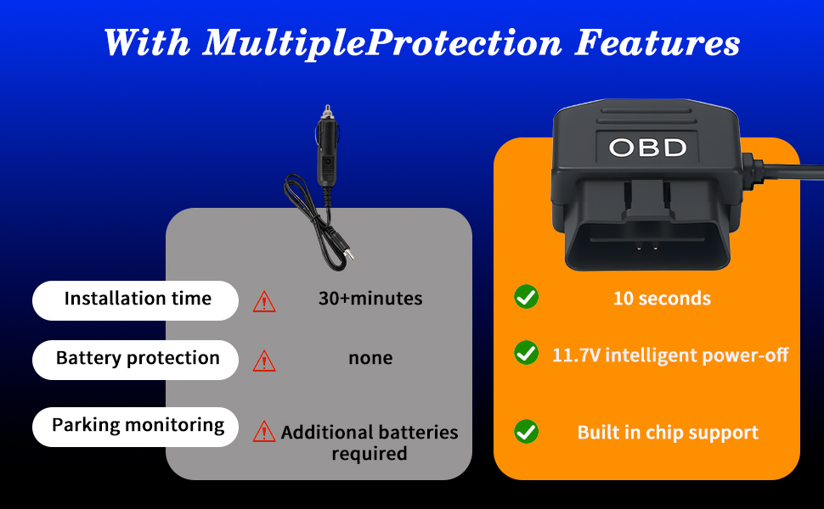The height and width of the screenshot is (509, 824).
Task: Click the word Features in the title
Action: pyautogui.click(x=657, y=43)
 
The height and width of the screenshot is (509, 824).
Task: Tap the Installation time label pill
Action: pyautogui.click(x=136, y=299)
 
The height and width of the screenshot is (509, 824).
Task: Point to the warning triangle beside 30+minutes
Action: pyautogui.click(x=264, y=301)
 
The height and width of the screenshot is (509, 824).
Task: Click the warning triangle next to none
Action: pyautogui.click(x=264, y=361)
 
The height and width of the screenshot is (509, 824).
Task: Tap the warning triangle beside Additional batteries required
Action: pyautogui.click(x=264, y=431)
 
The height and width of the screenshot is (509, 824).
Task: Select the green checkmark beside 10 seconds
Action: pyautogui.click(x=526, y=297)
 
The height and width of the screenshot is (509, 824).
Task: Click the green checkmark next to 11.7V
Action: pyautogui.click(x=526, y=353)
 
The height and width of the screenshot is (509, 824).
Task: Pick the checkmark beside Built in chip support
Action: pyautogui.click(x=526, y=431)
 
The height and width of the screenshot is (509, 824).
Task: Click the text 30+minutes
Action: pyautogui.click(x=370, y=299)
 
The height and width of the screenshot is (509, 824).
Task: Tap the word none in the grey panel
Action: pyautogui.click(x=370, y=358)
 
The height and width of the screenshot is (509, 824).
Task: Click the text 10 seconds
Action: pyautogui.click(x=662, y=299)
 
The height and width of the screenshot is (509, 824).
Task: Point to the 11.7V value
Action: pyautogui.click(x=576, y=355)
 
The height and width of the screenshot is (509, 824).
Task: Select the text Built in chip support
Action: pyautogui.click(x=668, y=433)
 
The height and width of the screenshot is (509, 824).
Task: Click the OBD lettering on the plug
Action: pyautogui.click(x=647, y=148)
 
